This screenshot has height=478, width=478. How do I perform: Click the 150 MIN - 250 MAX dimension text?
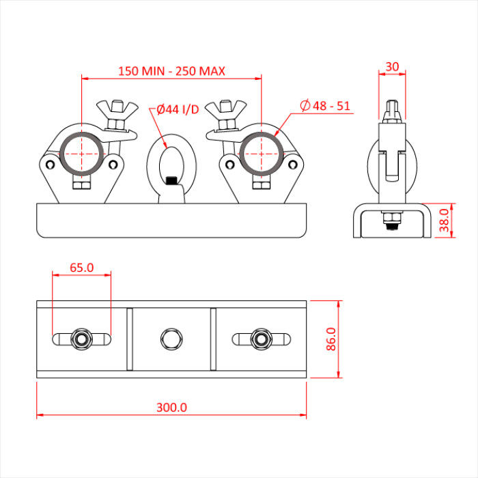coord(171,71)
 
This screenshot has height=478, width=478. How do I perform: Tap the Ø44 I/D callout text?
coord(178,109)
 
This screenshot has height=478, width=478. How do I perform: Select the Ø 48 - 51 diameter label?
coord(326,106)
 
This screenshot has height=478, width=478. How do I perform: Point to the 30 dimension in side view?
coord(392,66)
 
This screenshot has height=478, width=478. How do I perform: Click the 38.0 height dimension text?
coord(445,221)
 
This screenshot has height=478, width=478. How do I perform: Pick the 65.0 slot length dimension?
coord(81,268)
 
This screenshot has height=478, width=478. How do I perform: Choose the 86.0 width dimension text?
coord(331,339)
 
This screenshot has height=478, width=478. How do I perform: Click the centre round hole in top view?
coord(171,339)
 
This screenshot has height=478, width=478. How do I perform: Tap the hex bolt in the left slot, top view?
coord(82,339)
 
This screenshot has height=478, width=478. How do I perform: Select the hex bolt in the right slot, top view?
coord(260,339)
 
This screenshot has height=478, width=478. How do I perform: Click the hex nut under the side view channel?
coord(392,222)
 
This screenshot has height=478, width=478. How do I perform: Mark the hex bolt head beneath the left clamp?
coord(82,185)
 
